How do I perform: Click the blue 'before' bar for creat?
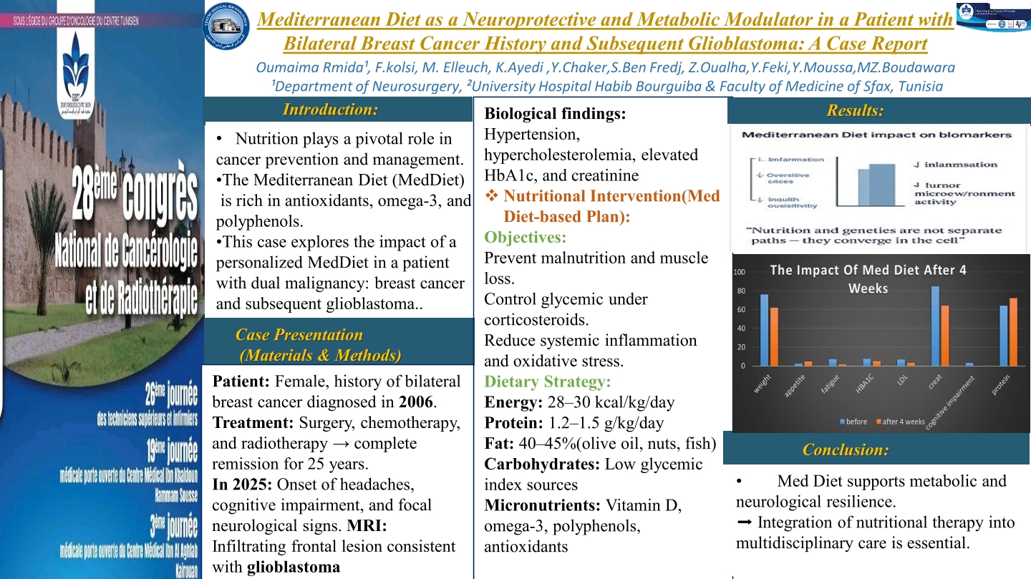[x=935, y=326]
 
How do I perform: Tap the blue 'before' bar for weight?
[x=765, y=330]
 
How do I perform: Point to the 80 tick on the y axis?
[x=741, y=291]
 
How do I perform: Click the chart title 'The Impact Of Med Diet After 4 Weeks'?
[x=866, y=279]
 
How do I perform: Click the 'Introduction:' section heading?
[x=330, y=110]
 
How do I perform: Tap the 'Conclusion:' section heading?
[x=846, y=449]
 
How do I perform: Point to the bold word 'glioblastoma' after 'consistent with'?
[x=294, y=568]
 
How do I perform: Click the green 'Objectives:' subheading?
[x=526, y=237]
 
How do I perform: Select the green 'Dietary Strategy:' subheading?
[x=547, y=381]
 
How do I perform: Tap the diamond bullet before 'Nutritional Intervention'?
[x=492, y=196]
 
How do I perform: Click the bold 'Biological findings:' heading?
[x=555, y=113]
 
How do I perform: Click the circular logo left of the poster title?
[x=227, y=24]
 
